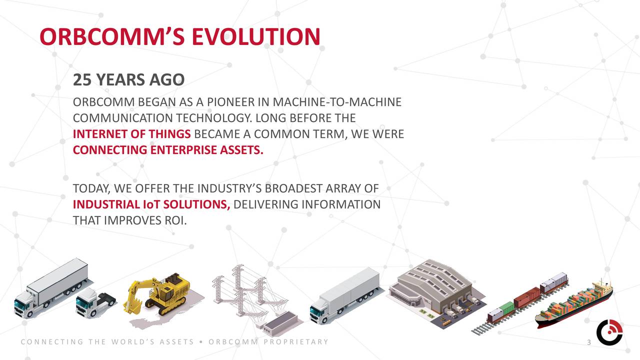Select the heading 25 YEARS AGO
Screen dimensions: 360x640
pos(128,79)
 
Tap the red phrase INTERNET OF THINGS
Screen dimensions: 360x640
pos(131,134)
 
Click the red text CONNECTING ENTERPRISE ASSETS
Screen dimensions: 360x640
pos(168,150)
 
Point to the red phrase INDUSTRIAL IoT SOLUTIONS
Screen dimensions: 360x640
pos(151,204)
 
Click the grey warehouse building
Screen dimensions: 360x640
pos(432,290)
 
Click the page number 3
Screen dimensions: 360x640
pos(589,342)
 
